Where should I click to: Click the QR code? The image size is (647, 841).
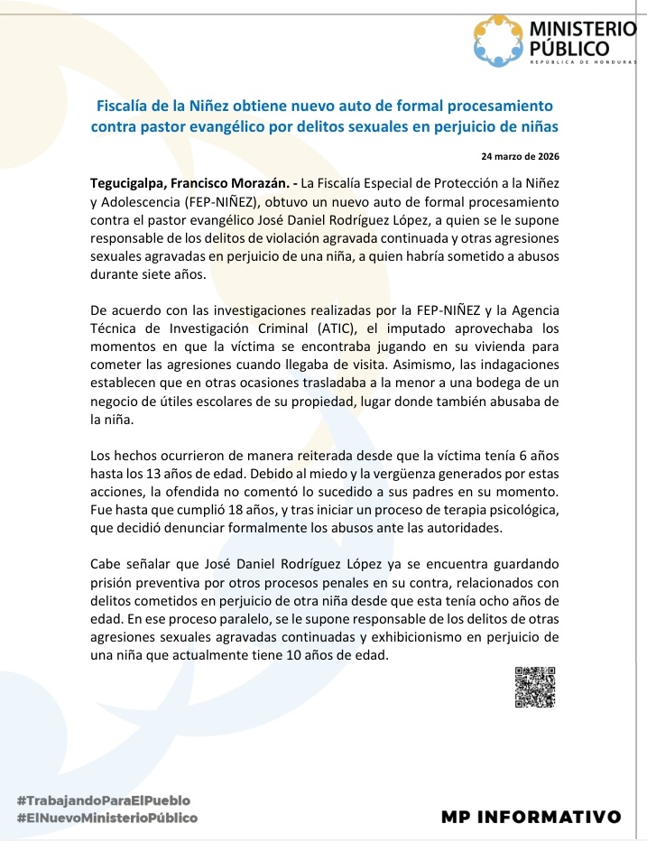coord(534,687)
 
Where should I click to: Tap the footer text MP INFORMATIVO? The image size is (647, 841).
coord(531,817)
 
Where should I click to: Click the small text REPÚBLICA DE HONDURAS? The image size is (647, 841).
coord(583,61)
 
